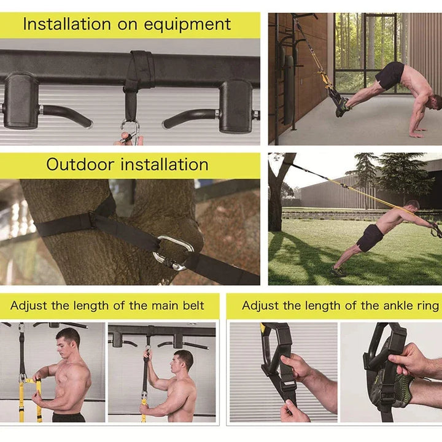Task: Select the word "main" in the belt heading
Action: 150,305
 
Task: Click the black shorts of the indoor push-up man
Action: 390,75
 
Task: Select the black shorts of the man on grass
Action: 370,237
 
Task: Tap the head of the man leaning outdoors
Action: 413,205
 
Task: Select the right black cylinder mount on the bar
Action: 236,104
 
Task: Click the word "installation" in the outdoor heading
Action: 164,165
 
